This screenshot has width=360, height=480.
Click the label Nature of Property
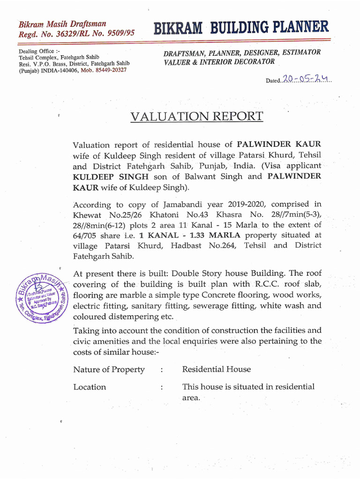[x=109, y=369]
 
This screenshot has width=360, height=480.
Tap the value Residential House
[x=216, y=369]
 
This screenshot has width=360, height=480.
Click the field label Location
[x=90, y=387]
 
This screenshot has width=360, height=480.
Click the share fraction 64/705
[x=86, y=235]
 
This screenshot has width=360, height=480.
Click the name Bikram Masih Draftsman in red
[x=62, y=23]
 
